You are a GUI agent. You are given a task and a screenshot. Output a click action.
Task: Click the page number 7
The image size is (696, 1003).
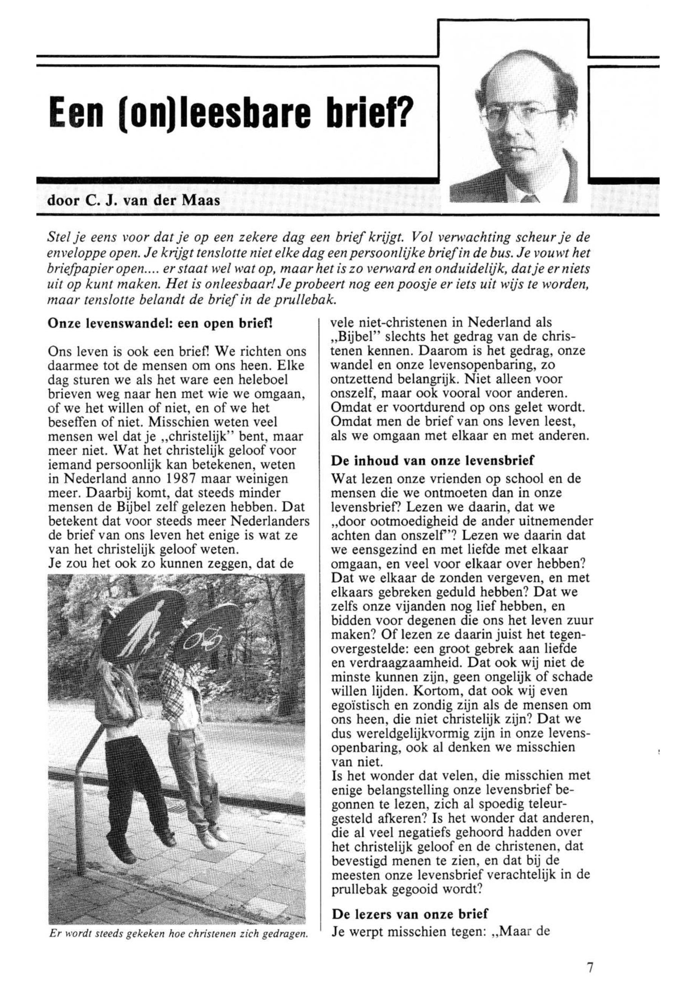590,968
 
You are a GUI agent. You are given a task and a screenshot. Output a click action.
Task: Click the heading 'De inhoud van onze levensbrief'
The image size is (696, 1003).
432,460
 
